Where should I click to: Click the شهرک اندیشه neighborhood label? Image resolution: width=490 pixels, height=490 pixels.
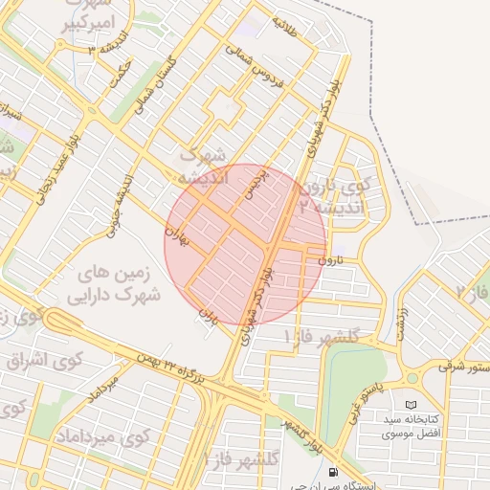click(x=203, y=165)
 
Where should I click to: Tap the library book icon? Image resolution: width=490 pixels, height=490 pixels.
click(x=412, y=405)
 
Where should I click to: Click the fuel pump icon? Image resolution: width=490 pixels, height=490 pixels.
click(x=332, y=471)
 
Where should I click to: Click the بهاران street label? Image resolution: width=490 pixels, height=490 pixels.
click(x=172, y=234)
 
